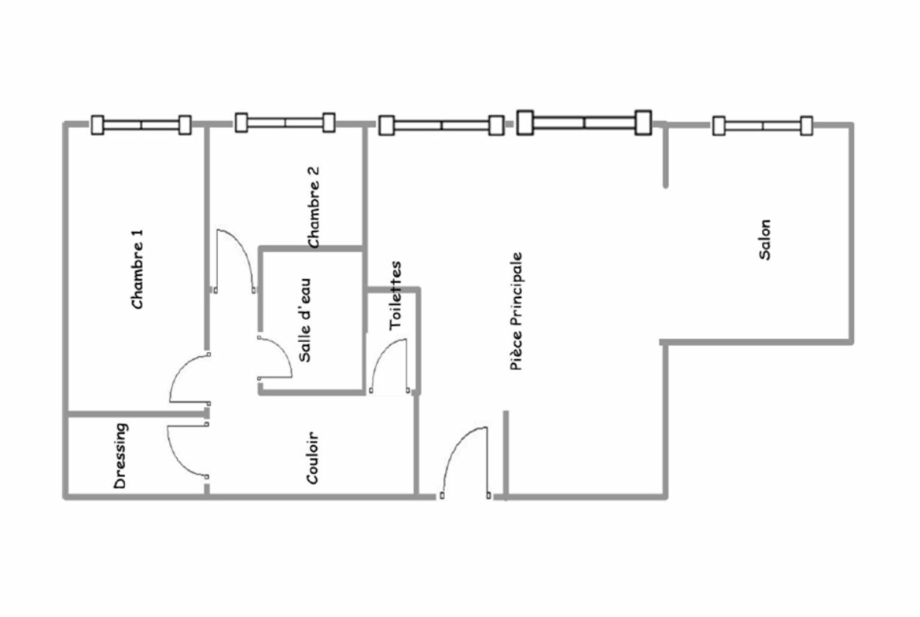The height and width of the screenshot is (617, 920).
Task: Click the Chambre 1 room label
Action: tap(138, 269)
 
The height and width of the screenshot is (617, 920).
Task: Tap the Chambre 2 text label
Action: tap(313, 207)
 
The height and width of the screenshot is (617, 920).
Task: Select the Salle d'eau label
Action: tap(305, 320)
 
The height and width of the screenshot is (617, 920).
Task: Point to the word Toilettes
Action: tap(396, 295)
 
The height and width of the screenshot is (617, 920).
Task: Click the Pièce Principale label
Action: tap(517, 311)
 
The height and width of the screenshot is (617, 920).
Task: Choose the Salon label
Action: tap(764, 239)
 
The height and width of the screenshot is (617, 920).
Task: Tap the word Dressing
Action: tap(120, 456)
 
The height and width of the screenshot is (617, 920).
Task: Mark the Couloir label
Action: tap(313, 458)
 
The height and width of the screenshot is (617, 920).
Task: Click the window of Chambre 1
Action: tap(141, 125)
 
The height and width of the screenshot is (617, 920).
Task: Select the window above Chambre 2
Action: tap(285, 123)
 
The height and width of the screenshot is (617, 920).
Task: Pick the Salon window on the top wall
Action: tap(763, 126)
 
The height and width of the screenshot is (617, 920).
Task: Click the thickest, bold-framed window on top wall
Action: tap(584, 123)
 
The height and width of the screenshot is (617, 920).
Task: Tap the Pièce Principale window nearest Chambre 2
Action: tap(441, 126)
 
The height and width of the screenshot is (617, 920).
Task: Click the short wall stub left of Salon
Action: tap(665, 156)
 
